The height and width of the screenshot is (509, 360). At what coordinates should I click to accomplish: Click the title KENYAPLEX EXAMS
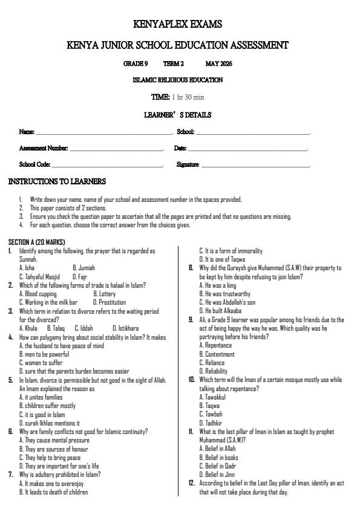point(177,25)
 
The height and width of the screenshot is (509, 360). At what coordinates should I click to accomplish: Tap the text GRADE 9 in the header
point(136,63)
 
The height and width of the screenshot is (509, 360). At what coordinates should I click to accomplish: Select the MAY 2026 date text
point(218,63)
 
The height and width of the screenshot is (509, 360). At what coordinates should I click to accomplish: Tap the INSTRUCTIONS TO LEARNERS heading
point(57,181)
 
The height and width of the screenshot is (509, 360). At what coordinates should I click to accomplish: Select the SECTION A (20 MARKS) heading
point(36,242)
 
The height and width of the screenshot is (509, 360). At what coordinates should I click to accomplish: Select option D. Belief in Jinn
point(217,475)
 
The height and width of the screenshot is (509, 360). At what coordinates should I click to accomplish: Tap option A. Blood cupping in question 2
point(38,294)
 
